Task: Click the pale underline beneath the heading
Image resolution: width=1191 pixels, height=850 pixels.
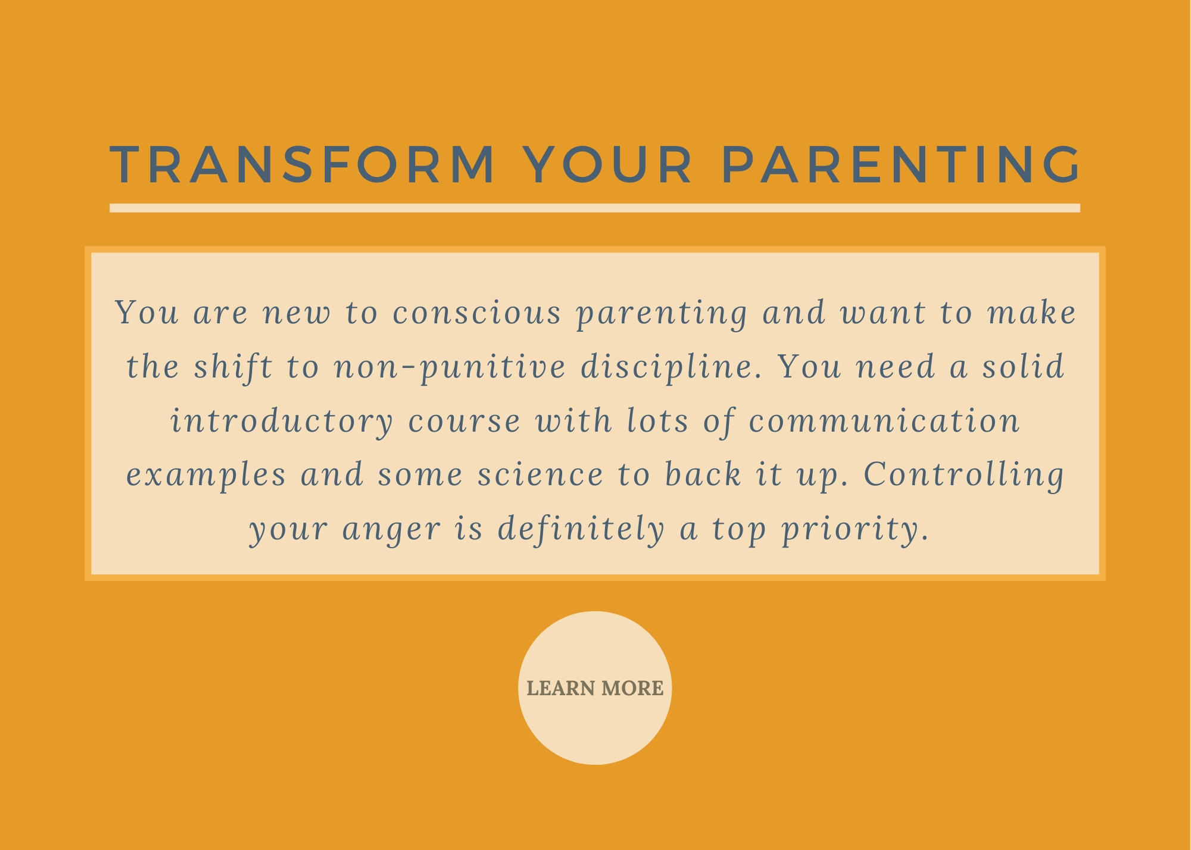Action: (595, 208)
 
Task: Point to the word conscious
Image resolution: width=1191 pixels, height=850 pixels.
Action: (478, 313)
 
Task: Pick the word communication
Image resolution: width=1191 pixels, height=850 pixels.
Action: (884, 421)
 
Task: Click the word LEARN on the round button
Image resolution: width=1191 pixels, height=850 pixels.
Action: (561, 689)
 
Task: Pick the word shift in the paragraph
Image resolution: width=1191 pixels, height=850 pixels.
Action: (233, 367)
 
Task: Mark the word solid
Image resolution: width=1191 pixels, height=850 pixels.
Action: (1023, 367)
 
